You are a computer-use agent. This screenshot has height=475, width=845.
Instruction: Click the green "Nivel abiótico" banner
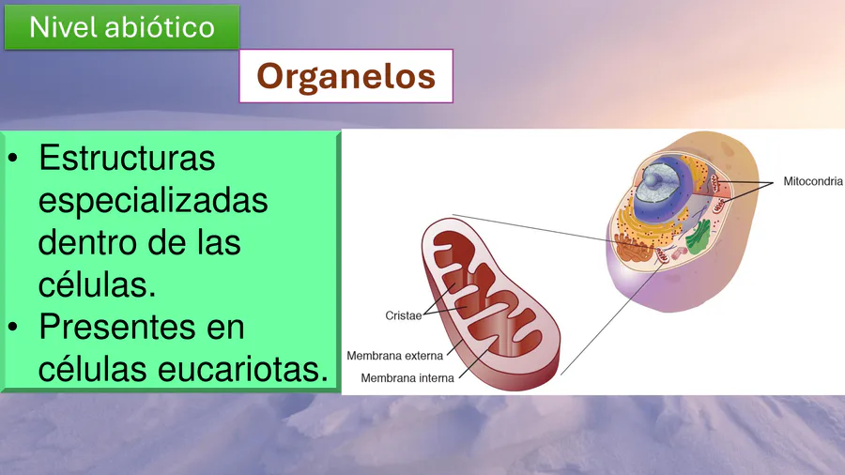click(122, 27)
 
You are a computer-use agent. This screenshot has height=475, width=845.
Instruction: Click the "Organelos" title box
click(346, 76)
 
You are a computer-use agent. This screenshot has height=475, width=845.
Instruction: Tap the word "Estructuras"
click(127, 158)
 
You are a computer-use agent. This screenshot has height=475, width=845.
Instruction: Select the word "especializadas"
click(153, 202)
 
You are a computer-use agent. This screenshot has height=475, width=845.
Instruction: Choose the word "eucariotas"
click(243, 369)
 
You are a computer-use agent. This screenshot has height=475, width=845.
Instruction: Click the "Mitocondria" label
click(813, 181)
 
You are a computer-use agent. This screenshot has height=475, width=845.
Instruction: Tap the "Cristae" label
click(404, 315)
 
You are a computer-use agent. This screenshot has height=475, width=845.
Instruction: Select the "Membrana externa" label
click(395, 356)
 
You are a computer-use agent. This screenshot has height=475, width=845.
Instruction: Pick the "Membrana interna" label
click(407, 378)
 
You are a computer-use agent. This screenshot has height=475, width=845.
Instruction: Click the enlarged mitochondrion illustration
click(490, 303)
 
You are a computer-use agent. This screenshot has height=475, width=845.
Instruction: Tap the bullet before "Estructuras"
click(13, 159)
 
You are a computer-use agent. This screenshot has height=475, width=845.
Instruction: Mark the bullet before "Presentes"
click(13, 327)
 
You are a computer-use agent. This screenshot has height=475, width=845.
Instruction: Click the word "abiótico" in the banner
click(160, 27)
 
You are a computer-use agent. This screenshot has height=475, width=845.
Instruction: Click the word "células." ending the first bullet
click(97, 284)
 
